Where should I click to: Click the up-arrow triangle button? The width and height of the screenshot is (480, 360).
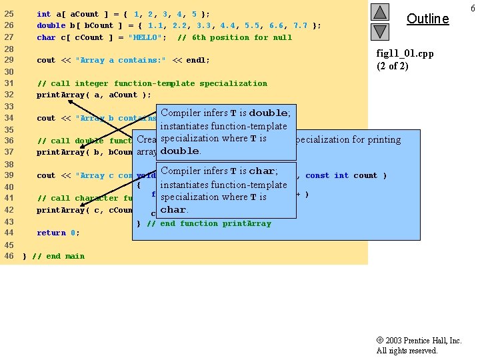(379, 12)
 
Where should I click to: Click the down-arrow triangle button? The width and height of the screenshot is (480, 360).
(379, 31)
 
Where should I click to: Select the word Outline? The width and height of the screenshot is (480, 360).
(427, 19)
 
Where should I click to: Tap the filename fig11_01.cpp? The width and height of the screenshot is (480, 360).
(405, 53)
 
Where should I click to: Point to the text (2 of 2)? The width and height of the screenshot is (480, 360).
(393, 65)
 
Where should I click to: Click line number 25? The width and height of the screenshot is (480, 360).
(9, 14)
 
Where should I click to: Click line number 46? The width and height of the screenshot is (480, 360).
(9, 256)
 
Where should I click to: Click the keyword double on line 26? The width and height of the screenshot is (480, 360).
(51, 25)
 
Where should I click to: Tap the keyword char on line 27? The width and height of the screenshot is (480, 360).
(46, 37)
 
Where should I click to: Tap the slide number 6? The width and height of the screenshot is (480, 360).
(472, 7)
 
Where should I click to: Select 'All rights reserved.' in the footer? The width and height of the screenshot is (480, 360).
(407, 351)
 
